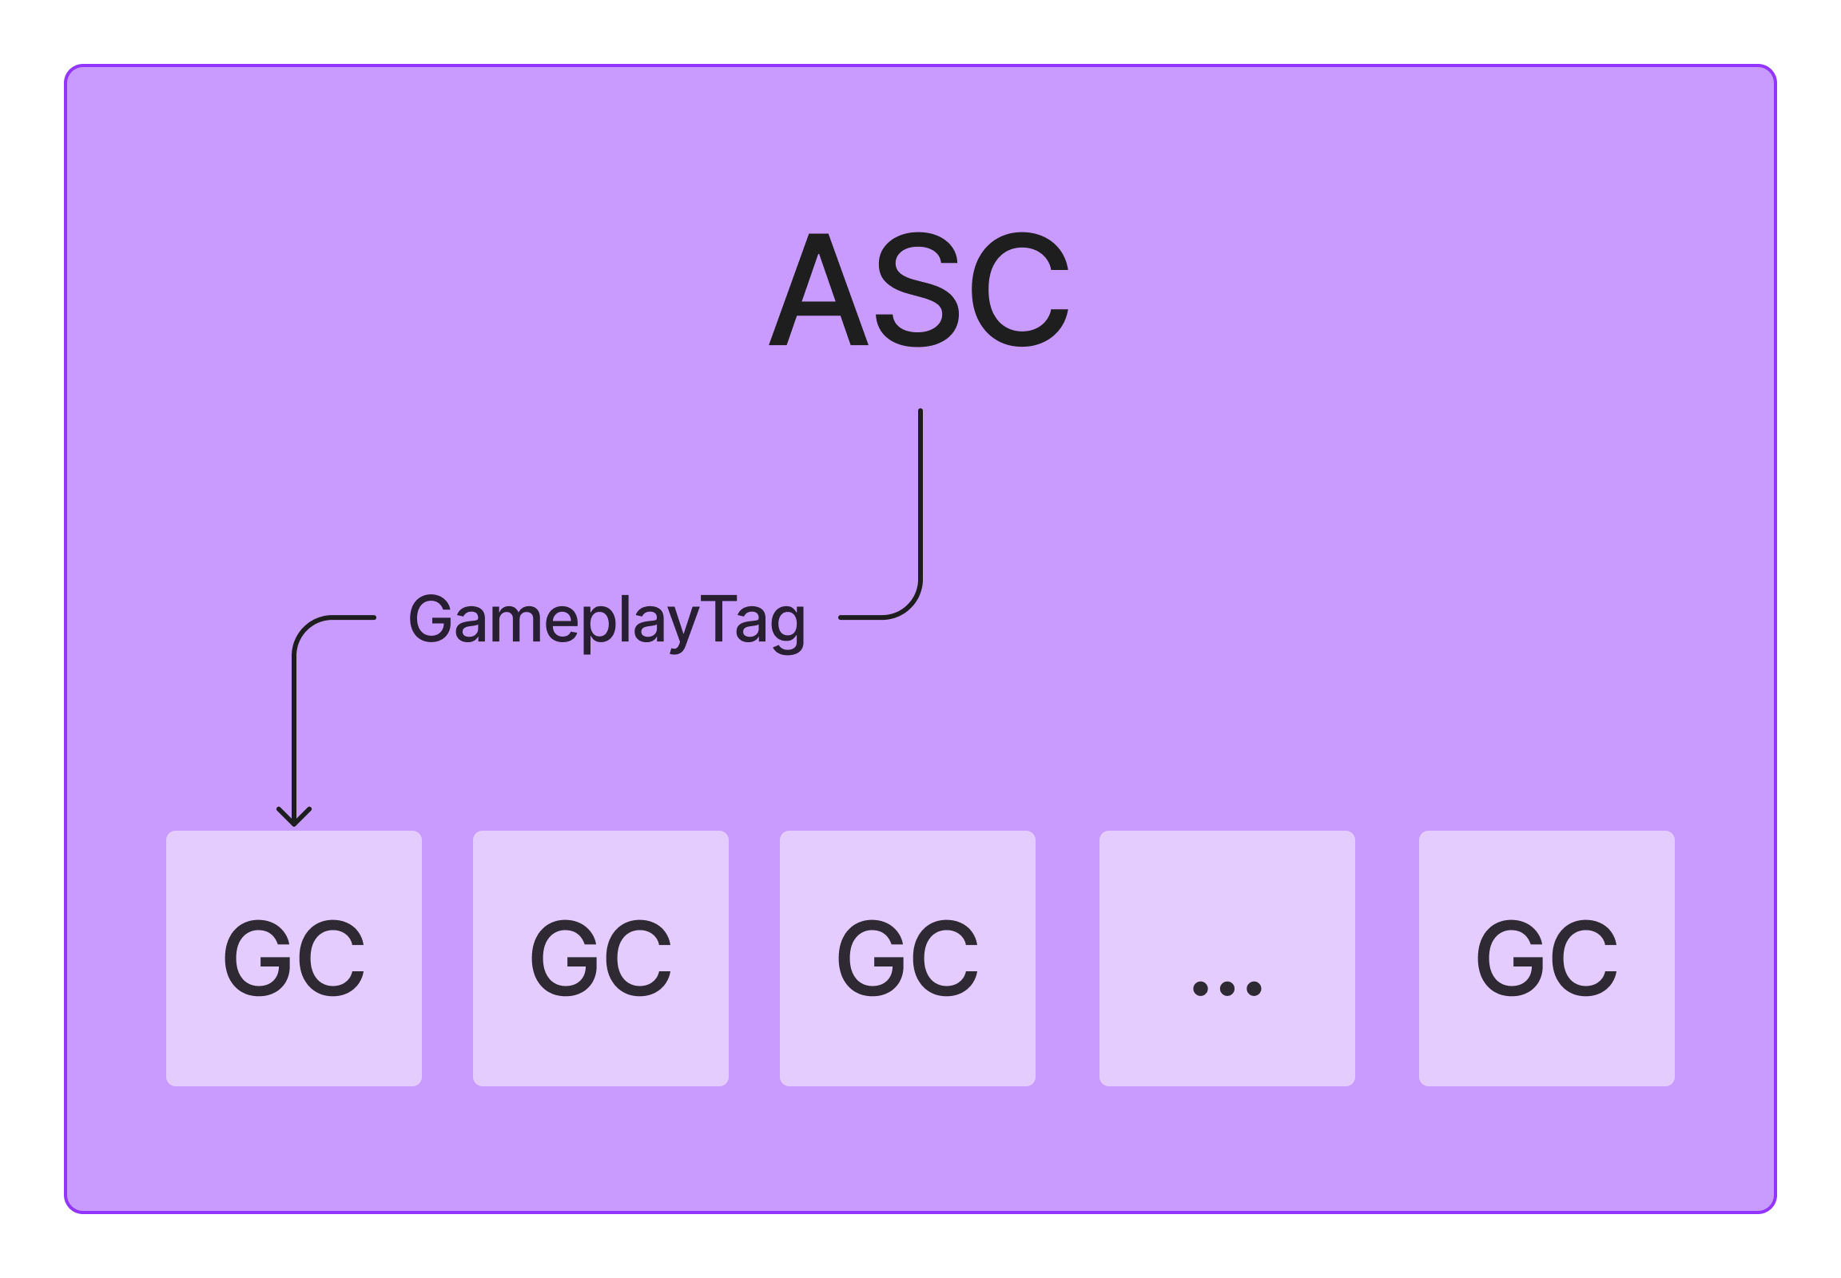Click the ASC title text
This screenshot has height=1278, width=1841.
(x=919, y=289)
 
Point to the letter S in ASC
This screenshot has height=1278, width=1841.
(x=917, y=290)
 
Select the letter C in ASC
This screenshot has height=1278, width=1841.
(x=1020, y=290)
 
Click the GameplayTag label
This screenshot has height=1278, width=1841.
(x=606, y=621)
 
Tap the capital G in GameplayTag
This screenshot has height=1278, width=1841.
(x=431, y=618)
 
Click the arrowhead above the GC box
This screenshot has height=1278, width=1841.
(x=294, y=817)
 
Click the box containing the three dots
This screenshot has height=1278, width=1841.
(x=1227, y=958)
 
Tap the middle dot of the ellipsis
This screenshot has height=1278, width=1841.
(x=1227, y=989)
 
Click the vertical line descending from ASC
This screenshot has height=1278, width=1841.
(x=920, y=497)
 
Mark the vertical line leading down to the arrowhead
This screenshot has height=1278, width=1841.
(x=294, y=728)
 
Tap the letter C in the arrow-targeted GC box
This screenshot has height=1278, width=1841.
(x=332, y=958)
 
